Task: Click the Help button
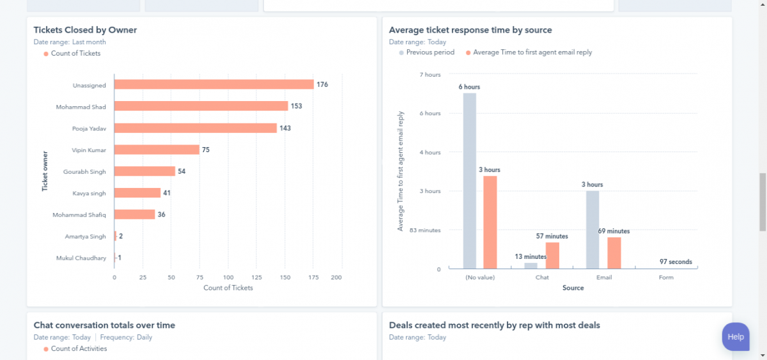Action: click(735, 336)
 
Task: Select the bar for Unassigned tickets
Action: click(213, 84)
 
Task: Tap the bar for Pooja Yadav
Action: click(195, 128)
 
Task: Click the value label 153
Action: click(297, 106)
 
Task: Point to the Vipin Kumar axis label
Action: click(89, 150)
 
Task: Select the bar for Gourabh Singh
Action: click(144, 171)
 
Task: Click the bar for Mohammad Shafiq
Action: click(134, 215)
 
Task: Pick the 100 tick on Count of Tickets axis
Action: click(228, 278)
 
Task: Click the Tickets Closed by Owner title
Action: click(85, 30)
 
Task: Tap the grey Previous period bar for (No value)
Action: click(469, 181)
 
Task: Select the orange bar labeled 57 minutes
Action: click(552, 255)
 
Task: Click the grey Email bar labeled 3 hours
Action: click(593, 230)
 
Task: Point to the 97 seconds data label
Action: click(676, 262)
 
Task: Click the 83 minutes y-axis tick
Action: click(425, 230)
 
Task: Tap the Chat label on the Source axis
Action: click(542, 278)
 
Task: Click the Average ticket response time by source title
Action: click(470, 30)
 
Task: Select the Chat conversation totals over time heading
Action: click(104, 325)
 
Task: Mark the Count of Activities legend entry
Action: click(79, 348)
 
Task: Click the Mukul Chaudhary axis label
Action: click(81, 258)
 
